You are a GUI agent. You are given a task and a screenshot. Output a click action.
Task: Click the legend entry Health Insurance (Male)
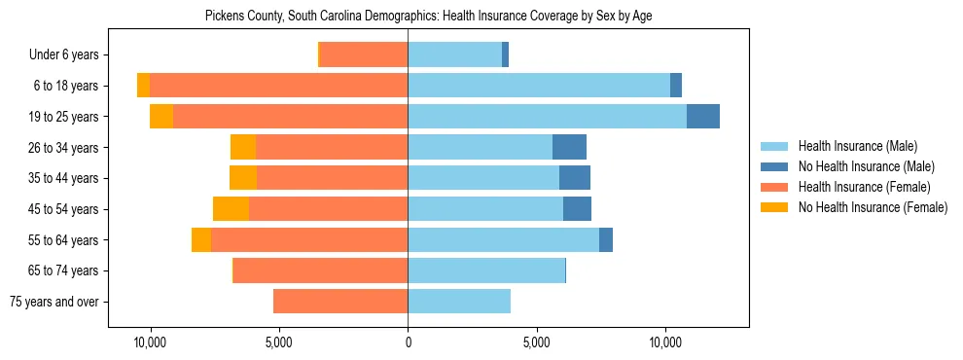coord(857,147)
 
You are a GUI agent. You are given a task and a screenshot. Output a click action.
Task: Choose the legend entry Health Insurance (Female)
coord(864,187)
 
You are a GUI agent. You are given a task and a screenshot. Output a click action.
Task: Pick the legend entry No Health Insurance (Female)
coord(873,207)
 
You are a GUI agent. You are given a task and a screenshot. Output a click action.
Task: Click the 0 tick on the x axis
coord(408,342)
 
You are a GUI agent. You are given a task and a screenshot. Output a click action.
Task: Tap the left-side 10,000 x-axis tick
coord(150,342)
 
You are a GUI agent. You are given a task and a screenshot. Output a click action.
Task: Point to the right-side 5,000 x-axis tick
coord(537,342)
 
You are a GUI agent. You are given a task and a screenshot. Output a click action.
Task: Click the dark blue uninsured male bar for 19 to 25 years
coord(703,117)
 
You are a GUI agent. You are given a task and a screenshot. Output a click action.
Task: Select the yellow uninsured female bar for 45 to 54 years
coord(231,209)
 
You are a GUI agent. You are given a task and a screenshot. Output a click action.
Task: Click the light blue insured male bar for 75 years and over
coord(459,302)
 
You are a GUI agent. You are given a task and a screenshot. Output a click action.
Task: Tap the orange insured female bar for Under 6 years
coord(364,54)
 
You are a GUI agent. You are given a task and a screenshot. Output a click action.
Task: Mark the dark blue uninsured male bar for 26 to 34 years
coord(569,147)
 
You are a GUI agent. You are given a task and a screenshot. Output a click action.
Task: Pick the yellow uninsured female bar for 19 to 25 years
coord(161,117)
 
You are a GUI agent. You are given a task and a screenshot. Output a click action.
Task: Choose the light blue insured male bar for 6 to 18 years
coord(539,86)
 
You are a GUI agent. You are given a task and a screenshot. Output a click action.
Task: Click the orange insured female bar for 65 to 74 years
coord(320,270)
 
